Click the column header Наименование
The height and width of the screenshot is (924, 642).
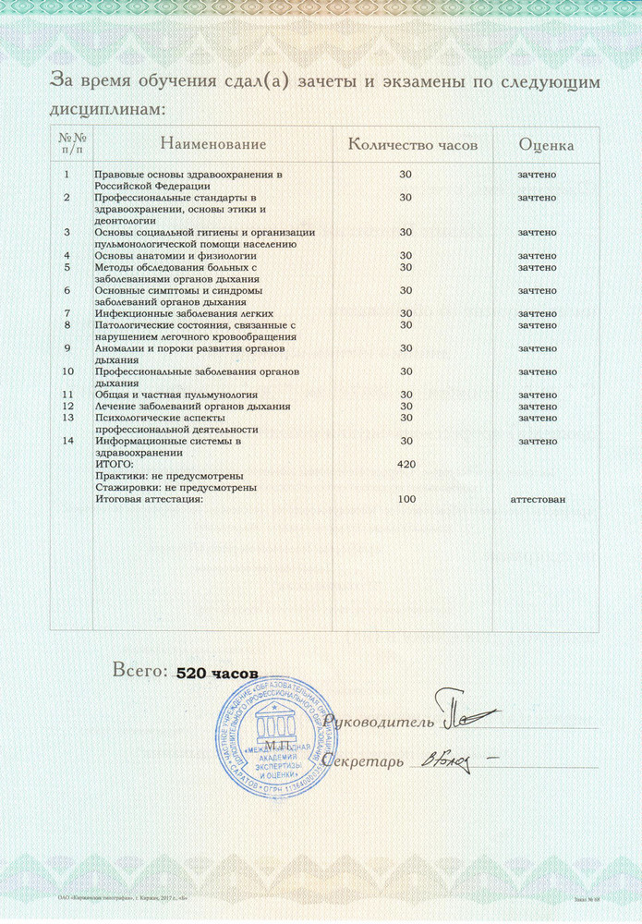pos(212,144)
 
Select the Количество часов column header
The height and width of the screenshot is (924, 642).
pos(413,144)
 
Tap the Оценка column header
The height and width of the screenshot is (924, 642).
pos(546,145)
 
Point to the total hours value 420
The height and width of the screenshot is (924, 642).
pos(406,464)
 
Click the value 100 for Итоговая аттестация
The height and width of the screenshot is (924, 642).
pos(406,499)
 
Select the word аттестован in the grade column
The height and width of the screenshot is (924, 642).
pos(538,499)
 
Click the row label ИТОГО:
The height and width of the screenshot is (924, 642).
pos(115,464)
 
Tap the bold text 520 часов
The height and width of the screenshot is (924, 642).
pos(216,675)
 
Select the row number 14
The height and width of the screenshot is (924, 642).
pos(67,441)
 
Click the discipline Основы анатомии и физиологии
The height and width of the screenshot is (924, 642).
pos(163,255)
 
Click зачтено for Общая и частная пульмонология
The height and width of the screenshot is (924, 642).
pos(537,395)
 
